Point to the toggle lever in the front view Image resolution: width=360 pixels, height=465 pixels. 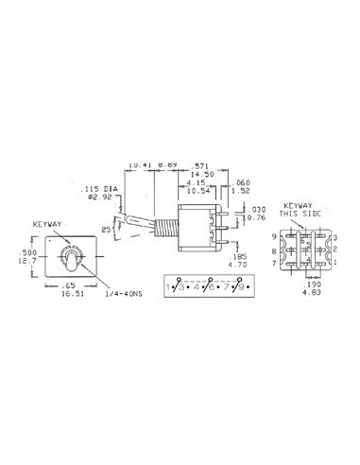69,258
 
